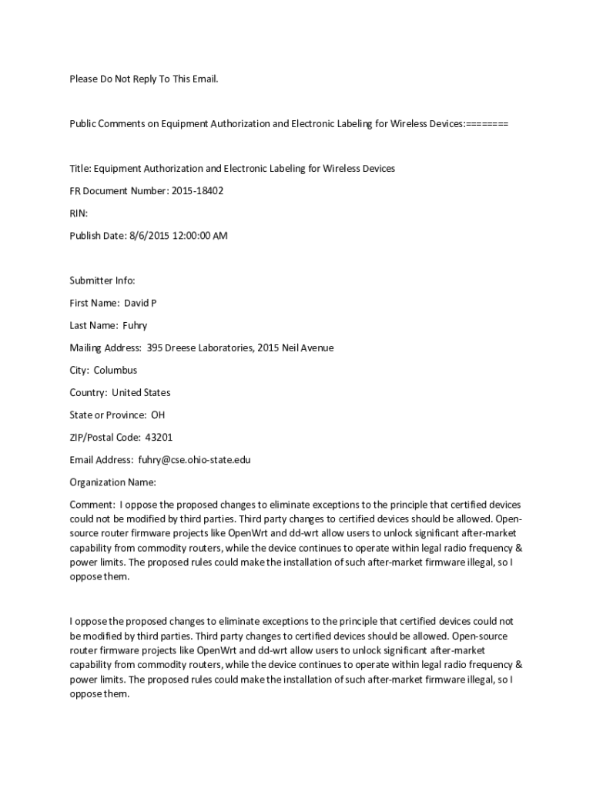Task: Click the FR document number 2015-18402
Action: (x=198, y=190)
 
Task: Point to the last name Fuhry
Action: (x=135, y=325)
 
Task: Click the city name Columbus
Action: (x=116, y=370)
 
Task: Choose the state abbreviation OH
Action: (x=158, y=415)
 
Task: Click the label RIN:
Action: (x=79, y=213)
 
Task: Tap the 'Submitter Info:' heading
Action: (x=102, y=280)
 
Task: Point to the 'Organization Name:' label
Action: (x=112, y=482)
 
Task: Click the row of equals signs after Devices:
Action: (x=487, y=123)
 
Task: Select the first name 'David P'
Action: (x=141, y=303)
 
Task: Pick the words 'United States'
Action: (x=142, y=393)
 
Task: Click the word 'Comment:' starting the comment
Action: (x=92, y=505)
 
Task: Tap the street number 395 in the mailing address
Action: (x=155, y=347)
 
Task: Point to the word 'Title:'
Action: (x=80, y=168)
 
